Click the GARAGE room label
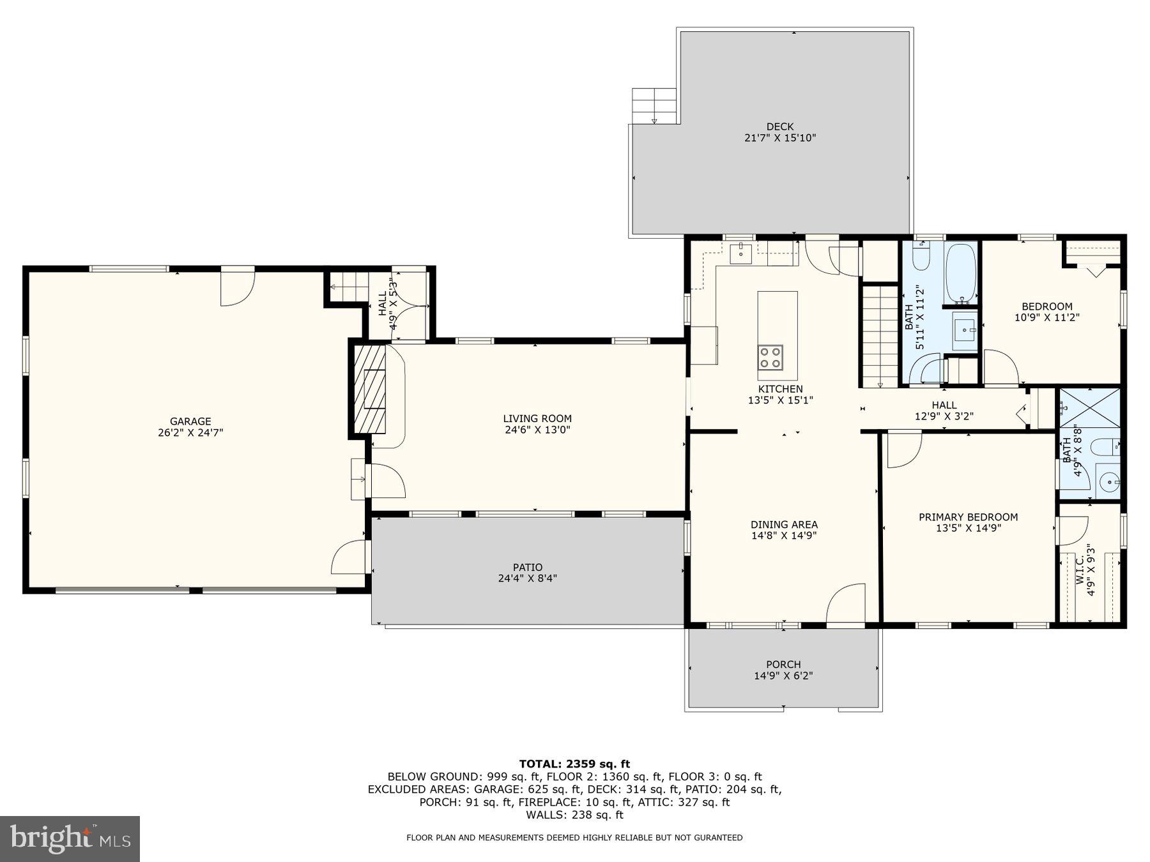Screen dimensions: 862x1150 click(190, 421)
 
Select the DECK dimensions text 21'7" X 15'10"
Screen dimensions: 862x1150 click(780, 138)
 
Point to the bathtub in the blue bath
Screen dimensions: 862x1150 click(960, 273)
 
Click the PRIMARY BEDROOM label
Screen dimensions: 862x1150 click(968, 517)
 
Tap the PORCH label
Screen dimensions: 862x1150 click(783, 665)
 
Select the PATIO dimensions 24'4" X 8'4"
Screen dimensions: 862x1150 click(528, 578)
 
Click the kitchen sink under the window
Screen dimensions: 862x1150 click(741, 252)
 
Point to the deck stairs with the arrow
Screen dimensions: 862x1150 click(654, 106)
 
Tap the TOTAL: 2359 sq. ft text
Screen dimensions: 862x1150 click(574, 764)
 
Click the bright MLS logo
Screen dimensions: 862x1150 click(70, 838)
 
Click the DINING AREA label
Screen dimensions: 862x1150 click(784, 525)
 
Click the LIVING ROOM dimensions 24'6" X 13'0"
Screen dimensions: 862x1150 click(537, 430)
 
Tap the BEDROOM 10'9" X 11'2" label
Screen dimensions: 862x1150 click(1046, 312)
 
